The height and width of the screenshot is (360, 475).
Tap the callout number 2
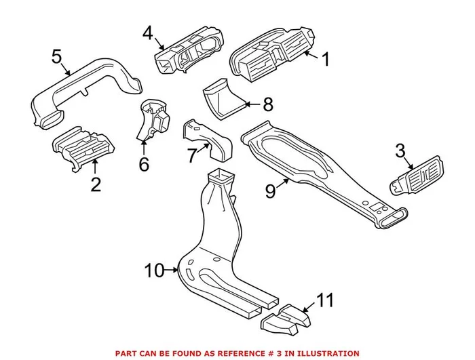tap(95, 184)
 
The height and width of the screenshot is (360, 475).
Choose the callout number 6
tap(142, 163)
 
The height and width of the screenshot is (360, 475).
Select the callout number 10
tap(154, 271)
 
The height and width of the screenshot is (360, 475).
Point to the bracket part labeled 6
tap(154, 122)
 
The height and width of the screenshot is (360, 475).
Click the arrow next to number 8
tap(249, 104)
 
